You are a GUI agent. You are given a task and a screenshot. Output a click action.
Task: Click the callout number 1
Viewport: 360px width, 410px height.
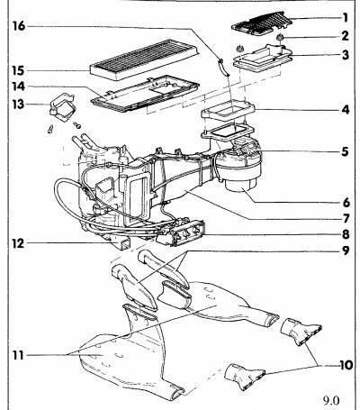click(345, 17)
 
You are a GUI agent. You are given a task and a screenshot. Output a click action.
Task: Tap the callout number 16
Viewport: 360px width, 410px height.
click(19, 26)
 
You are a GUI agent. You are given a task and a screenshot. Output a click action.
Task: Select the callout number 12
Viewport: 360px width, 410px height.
click(18, 243)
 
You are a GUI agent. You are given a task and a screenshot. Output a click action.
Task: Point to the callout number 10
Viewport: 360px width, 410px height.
click(346, 365)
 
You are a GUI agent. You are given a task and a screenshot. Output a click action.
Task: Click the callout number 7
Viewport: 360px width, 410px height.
click(346, 218)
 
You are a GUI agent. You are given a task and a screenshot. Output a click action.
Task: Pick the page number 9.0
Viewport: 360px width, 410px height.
click(331, 401)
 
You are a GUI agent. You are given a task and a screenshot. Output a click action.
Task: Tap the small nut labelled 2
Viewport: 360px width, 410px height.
click(280, 37)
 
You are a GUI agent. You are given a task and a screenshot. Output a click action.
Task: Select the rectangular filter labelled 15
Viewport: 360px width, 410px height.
click(145, 59)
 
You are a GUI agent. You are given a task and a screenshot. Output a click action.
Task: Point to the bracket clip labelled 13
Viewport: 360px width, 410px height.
click(61, 105)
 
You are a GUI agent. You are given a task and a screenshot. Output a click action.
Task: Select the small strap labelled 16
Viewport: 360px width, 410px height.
click(223, 68)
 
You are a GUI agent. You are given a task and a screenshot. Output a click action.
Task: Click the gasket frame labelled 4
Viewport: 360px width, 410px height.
click(228, 111)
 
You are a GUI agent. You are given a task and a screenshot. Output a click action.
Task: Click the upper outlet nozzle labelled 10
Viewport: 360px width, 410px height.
click(301, 332)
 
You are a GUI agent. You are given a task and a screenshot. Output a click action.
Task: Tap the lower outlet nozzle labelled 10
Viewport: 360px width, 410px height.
click(245, 377)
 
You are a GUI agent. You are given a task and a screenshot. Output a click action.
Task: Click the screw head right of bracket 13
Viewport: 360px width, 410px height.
click(77, 124)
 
